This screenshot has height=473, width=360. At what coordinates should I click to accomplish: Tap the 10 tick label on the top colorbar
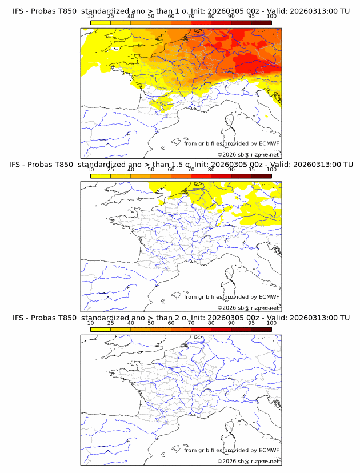(x=91, y=17)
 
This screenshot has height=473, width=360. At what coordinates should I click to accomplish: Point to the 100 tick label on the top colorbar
(x=271, y=17)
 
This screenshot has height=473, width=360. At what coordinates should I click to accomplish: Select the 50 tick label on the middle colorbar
(x=151, y=170)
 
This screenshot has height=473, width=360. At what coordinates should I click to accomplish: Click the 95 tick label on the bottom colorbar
(x=251, y=323)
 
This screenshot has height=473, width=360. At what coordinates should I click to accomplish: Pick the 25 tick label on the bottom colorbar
(x=111, y=323)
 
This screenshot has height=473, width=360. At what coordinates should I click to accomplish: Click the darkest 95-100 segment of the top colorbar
(x=261, y=22)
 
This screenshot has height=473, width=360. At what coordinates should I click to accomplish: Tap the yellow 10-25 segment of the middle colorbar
(x=101, y=176)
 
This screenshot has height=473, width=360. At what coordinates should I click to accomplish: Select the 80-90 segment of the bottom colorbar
(x=221, y=329)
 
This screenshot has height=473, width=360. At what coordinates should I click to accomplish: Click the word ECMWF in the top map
(x=269, y=143)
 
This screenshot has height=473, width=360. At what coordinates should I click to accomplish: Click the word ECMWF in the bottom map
(x=269, y=450)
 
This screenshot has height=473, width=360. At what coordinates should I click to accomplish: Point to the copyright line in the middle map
(x=248, y=307)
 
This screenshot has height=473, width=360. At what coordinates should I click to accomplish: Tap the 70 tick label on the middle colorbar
(x=191, y=170)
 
